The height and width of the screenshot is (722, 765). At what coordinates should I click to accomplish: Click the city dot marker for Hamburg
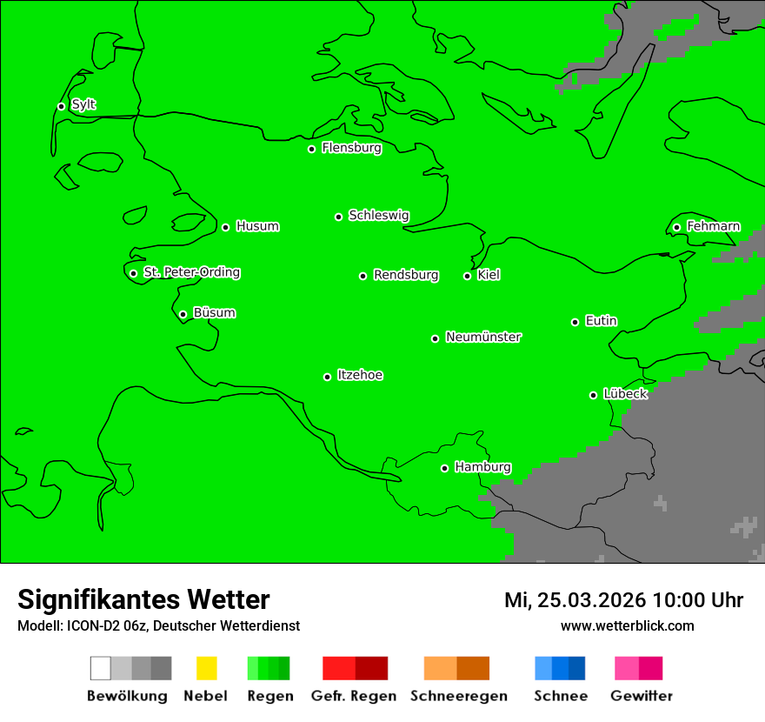pos(444,468)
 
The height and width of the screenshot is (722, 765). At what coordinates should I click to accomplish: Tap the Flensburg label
pos(351,148)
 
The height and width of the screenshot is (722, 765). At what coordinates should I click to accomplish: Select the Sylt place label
pos(83,104)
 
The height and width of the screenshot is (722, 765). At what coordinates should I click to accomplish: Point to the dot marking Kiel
pos(467,276)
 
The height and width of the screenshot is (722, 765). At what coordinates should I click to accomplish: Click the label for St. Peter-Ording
pos(191,272)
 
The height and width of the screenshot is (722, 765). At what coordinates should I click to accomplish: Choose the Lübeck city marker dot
pos(593,395)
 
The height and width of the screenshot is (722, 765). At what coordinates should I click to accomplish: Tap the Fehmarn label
pos(713,226)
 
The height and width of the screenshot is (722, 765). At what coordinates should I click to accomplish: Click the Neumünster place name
pos(483,337)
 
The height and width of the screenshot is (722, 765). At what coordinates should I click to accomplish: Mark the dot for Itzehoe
pos(327,377)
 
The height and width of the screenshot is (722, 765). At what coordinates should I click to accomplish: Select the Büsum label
pos(214,312)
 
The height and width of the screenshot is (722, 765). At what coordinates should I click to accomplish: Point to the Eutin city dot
pos(575,322)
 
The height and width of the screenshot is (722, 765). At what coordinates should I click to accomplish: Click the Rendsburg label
pos(406,275)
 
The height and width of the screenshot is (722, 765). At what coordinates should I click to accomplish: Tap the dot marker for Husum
pos(225,227)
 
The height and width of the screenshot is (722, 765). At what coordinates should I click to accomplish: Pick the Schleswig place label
pos(378,215)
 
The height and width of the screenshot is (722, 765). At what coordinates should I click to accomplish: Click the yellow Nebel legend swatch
pos(206,668)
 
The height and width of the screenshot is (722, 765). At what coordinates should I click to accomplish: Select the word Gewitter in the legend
pos(641,696)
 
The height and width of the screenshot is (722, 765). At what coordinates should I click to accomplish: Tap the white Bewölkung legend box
pos(100,668)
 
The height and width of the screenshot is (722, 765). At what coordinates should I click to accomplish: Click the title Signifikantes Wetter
pos(143,599)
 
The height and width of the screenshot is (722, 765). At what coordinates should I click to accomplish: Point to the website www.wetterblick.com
pos(627,625)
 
